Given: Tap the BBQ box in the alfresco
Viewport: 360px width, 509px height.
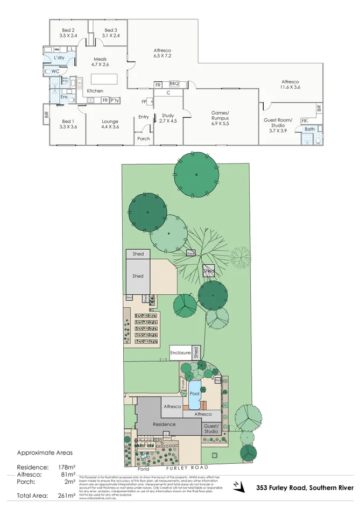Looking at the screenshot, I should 174,84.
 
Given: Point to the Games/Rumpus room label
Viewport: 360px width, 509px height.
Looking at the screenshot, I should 220,116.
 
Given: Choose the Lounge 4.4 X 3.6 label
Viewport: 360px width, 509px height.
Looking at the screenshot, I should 110,124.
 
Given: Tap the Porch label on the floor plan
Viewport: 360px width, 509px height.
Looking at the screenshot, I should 144,139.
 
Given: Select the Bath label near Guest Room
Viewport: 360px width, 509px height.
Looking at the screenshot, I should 309,129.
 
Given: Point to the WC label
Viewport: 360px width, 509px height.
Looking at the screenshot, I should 55,71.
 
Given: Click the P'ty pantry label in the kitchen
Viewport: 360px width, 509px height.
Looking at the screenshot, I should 115,101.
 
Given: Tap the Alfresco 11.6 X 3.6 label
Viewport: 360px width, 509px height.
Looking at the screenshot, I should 291,84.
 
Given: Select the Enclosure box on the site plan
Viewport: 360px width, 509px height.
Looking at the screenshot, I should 181,353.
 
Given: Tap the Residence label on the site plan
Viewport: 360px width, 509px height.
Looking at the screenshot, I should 164,425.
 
